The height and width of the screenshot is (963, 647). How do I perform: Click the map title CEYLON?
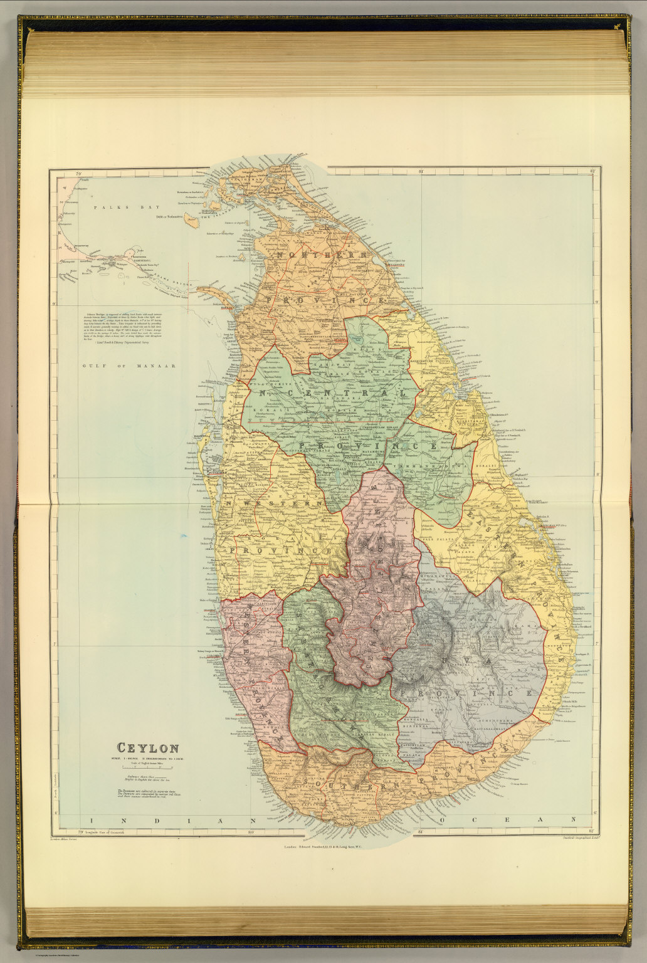(148, 748)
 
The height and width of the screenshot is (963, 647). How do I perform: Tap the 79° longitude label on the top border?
(78, 172)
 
